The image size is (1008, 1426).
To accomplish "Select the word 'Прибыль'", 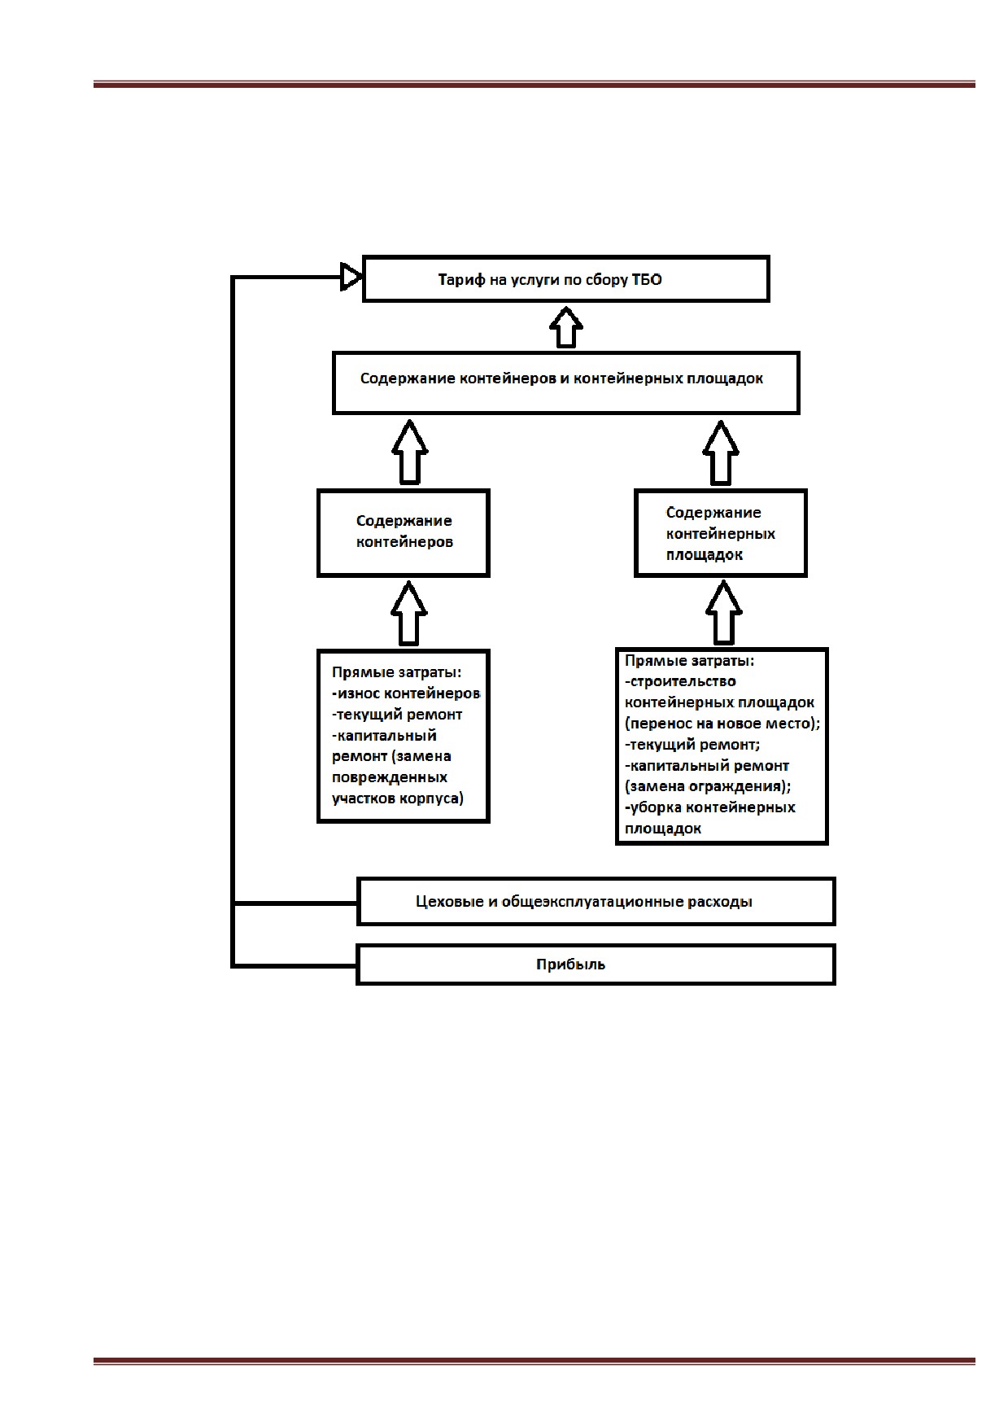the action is pyautogui.click(x=570, y=965).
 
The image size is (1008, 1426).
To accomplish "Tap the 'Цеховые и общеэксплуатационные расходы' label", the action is pyautogui.click(x=583, y=902).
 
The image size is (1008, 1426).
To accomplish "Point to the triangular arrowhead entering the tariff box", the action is pyautogui.click(x=351, y=277).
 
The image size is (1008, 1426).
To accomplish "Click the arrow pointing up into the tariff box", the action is pyautogui.click(x=566, y=327).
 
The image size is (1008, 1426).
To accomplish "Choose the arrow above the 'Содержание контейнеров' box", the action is pyautogui.click(x=410, y=452).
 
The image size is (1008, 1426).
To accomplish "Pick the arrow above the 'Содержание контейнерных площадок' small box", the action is pyautogui.click(x=721, y=453).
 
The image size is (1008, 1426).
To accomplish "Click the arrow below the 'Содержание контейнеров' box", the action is pyautogui.click(x=409, y=613).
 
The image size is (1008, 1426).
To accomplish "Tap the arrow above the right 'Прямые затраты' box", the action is pyautogui.click(x=723, y=612).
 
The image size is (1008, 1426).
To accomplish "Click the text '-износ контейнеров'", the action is pyautogui.click(x=406, y=693).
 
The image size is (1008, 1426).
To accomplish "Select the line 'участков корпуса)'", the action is pyautogui.click(x=398, y=798).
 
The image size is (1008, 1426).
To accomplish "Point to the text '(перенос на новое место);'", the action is pyautogui.click(x=722, y=724).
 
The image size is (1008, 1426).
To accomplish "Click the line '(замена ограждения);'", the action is pyautogui.click(x=708, y=787).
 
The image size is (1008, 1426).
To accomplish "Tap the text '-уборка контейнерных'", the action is pyautogui.click(x=710, y=807).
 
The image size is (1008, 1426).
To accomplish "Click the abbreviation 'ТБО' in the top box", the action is pyautogui.click(x=647, y=280).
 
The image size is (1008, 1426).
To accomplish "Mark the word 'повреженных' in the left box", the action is pyautogui.click(x=390, y=777).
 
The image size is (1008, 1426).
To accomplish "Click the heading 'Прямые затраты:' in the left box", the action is pyautogui.click(x=396, y=672).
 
